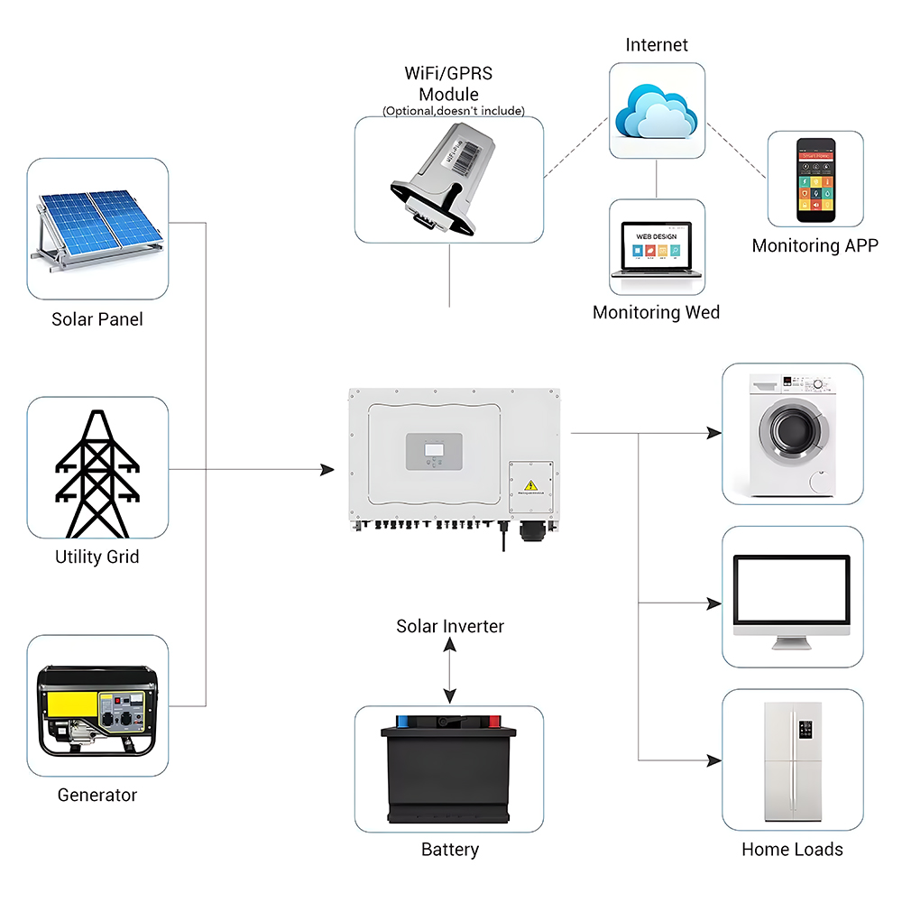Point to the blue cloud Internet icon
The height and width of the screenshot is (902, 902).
(x=656, y=112)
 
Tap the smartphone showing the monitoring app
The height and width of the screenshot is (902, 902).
(x=815, y=180)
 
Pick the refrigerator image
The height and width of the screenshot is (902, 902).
(x=791, y=760)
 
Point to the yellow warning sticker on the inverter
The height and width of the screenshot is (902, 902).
(x=531, y=487)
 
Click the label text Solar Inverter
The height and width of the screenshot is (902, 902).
(x=450, y=626)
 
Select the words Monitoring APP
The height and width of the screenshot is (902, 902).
(x=815, y=245)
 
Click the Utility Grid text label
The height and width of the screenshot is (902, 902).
(x=97, y=557)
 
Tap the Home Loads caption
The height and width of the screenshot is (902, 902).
(x=792, y=849)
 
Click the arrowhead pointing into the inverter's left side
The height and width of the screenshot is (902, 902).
(x=327, y=470)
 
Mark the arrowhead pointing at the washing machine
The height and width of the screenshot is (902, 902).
(x=714, y=433)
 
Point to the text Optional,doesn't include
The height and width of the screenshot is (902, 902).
(x=453, y=111)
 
